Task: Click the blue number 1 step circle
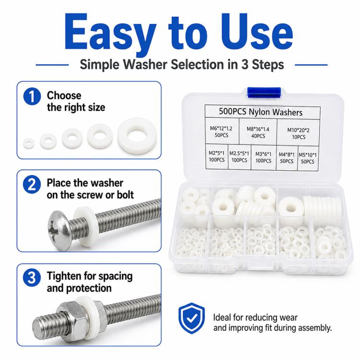pyautogui.click(x=32, y=96)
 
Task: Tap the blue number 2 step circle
pyautogui.click(x=32, y=185)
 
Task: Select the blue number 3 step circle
pyautogui.click(x=32, y=278)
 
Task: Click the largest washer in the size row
pyautogui.click(x=137, y=136)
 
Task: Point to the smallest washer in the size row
pyautogui.click(x=29, y=143)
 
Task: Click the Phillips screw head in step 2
pyautogui.click(x=59, y=231)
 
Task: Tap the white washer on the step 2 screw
pyautogui.click(x=84, y=227)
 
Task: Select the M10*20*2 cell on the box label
pyautogui.click(x=298, y=133)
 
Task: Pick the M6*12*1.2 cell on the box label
pyautogui.click(x=222, y=131)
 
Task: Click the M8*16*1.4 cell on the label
pyautogui.click(x=258, y=132)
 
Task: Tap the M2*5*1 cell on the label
pyautogui.click(x=216, y=156)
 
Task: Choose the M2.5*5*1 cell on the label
pyautogui.click(x=240, y=157)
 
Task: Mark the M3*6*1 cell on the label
pyautogui.click(x=264, y=157)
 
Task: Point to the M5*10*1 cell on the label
pyautogui.click(x=308, y=158)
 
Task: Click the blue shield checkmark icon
pyautogui.click(x=192, y=318)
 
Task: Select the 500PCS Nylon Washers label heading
pyautogui.click(x=261, y=112)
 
